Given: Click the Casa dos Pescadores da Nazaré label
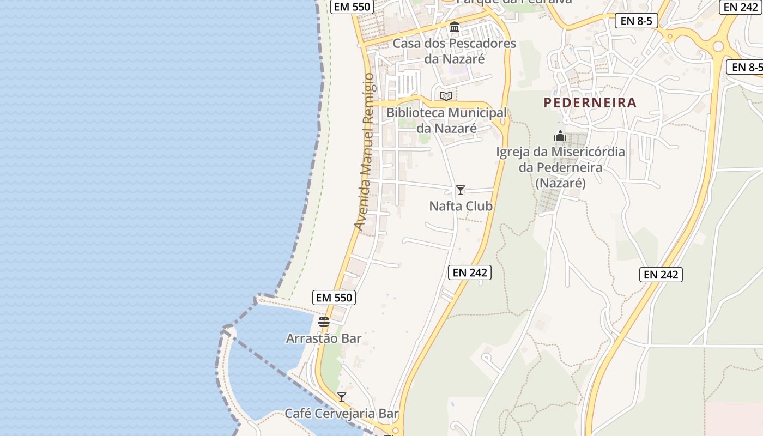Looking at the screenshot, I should click(454, 51).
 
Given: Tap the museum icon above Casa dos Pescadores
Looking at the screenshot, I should click(454, 27).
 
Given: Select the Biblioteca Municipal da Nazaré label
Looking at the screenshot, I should click(446, 120).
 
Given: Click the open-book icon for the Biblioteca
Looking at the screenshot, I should click(446, 96).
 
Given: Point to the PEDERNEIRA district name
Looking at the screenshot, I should click(590, 102).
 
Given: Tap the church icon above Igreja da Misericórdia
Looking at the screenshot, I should click(560, 136).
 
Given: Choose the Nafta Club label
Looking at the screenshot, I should click(461, 206).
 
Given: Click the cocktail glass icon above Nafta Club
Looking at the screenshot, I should click(461, 190).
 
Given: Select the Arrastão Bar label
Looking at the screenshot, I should click(324, 338).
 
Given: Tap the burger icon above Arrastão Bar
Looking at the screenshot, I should click(324, 322).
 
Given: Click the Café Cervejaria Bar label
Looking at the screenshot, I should click(342, 414).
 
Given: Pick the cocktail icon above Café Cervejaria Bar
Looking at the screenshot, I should click(342, 397).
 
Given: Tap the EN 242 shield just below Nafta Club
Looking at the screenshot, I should click(470, 272).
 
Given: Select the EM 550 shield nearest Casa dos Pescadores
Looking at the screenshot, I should click(352, 7).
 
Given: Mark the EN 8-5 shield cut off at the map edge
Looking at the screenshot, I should click(746, 68).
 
